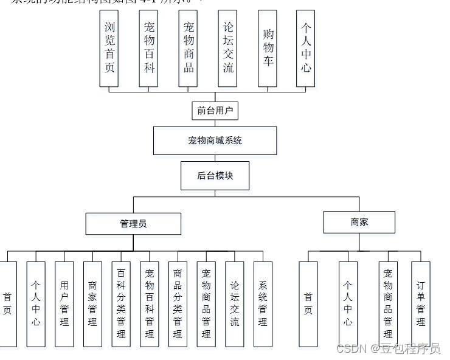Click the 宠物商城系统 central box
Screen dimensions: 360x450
tap(215, 140)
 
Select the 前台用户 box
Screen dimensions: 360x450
tap(214, 111)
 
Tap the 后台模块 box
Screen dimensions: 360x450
tap(215, 176)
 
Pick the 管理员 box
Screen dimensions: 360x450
tap(133, 224)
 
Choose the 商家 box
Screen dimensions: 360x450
tap(359, 223)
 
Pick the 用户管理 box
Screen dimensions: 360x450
tap(64, 303)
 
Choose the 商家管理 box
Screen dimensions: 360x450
tap(92, 303)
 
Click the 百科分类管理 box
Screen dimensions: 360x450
tap(121, 303)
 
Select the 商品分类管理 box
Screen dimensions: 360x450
tap(178, 303)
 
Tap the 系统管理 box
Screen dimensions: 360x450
tap(263, 303)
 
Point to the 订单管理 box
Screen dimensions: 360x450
tap(421, 303)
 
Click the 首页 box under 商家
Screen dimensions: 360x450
tap(308, 303)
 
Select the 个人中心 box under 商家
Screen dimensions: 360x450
tap(348, 303)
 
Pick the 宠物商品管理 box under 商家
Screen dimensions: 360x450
tap(388, 303)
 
